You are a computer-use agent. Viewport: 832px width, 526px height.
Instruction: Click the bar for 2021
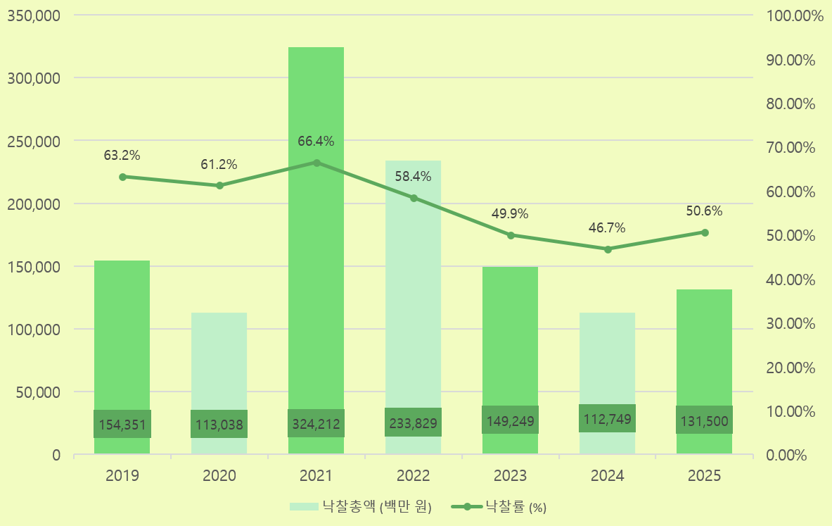click(x=316, y=282)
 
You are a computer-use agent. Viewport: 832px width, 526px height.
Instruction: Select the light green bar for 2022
click(x=413, y=317)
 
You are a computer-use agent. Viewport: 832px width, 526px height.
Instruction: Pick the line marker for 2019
click(x=122, y=177)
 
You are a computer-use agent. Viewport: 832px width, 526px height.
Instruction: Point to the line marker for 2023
click(x=511, y=235)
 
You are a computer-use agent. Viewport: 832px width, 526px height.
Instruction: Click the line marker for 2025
click(x=705, y=232)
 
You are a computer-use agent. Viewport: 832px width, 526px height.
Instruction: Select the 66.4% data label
click(x=316, y=142)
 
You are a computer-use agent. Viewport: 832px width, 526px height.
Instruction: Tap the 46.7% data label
click(x=607, y=228)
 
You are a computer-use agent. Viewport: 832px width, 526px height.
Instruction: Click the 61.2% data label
click(x=219, y=165)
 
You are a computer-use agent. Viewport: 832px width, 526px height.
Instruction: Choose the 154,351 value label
click(x=122, y=425)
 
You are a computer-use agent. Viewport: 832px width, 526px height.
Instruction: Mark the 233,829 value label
click(x=413, y=423)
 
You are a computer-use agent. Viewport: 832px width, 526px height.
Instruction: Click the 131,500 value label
click(x=705, y=420)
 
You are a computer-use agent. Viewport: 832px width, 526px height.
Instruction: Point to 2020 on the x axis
click(x=219, y=476)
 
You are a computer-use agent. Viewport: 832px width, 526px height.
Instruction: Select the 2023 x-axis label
click(x=511, y=476)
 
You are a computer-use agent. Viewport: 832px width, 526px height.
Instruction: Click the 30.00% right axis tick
click(x=789, y=323)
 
